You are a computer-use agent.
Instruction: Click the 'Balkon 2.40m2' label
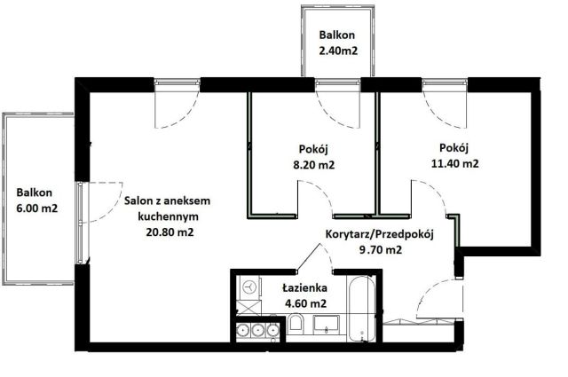click(338, 43)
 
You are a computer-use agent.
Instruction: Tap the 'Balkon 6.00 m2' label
click(35, 200)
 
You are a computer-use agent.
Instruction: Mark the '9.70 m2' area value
click(380, 250)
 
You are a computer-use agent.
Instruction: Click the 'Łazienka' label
click(304, 289)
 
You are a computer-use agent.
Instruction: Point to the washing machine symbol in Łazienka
click(249, 287)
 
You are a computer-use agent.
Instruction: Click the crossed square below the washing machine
click(249, 308)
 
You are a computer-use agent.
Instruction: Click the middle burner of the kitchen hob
click(256, 330)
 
